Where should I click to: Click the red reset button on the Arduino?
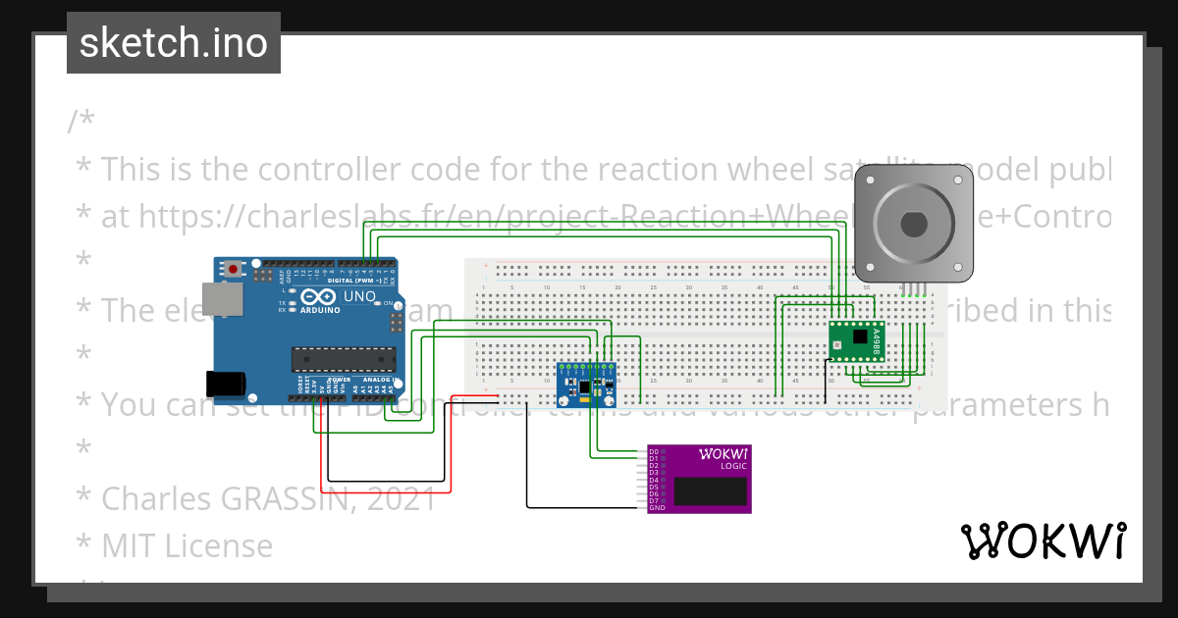click(x=233, y=269)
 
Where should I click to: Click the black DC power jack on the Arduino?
click(x=223, y=384)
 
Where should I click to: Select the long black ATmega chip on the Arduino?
click(x=343, y=360)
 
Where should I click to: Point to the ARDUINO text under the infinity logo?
click(x=322, y=310)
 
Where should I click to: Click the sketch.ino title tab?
click(x=174, y=43)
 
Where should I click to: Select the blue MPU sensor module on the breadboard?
click(x=586, y=384)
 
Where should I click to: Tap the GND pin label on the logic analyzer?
click(x=656, y=507)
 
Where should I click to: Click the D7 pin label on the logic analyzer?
click(x=654, y=500)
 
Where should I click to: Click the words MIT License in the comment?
click(x=187, y=545)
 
